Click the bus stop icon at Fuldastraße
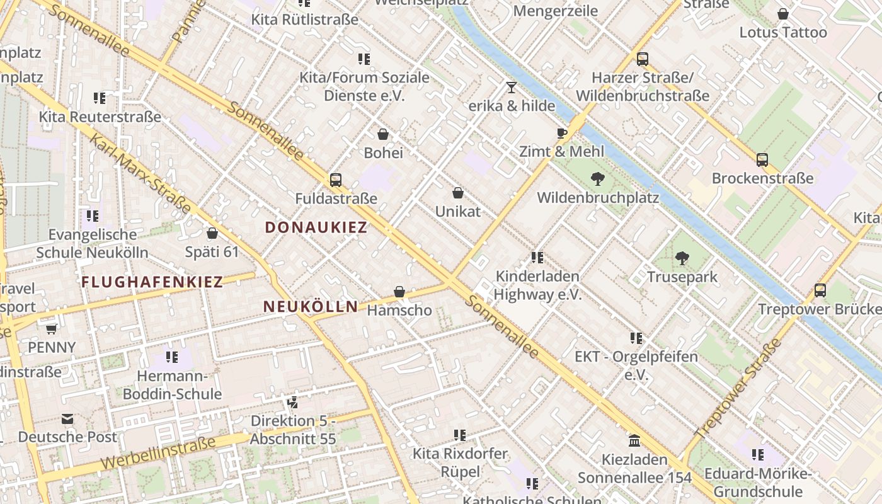point(336,180)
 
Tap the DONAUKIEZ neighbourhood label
point(316,227)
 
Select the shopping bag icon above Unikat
point(458,193)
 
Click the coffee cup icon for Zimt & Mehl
point(562,133)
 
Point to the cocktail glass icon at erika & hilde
point(511,88)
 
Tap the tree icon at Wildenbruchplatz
point(597,179)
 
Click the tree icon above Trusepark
point(682,258)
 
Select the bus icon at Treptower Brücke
point(820,290)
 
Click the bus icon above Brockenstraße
point(762,160)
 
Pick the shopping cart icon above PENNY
point(51,329)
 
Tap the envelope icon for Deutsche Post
point(67,419)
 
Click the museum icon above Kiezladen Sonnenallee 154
point(634,440)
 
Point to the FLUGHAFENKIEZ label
point(152,282)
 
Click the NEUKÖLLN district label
point(310,307)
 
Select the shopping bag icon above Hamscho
point(399,292)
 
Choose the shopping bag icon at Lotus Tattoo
point(783,14)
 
